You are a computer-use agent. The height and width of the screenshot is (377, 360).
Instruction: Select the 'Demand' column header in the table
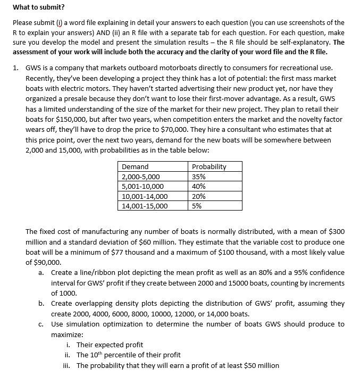tap(136, 166)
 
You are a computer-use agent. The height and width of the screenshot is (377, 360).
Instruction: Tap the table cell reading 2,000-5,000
tap(141, 177)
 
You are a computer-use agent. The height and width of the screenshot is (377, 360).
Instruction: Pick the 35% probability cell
tap(199, 177)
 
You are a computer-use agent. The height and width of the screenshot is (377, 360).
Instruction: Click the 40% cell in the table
tap(199, 186)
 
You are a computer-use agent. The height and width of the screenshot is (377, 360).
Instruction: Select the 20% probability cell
tap(199, 196)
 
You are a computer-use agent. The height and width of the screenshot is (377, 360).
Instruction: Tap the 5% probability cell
tap(197, 206)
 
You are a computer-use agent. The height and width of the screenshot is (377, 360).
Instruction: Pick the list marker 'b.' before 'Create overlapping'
tap(41, 303)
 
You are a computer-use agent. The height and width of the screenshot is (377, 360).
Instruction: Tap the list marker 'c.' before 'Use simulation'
tap(41, 324)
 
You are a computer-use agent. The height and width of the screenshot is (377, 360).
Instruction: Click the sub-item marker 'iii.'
tap(68, 365)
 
